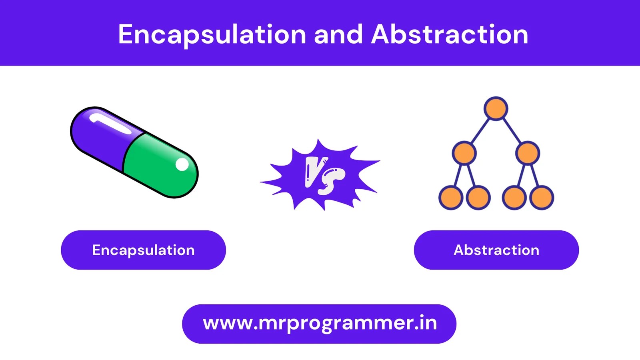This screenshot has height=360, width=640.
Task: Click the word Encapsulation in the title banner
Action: click(212, 35)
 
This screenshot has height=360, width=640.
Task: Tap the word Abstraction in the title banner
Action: click(450, 35)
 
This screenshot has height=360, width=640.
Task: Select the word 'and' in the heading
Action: click(338, 35)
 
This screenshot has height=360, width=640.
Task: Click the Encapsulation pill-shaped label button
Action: click(143, 250)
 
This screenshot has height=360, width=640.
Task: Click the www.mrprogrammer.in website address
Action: click(319, 323)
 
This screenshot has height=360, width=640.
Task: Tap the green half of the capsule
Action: click(160, 166)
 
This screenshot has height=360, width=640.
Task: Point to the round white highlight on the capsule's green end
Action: click(182, 164)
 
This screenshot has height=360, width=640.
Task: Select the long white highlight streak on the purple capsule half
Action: click(110, 124)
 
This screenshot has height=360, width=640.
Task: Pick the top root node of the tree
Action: click(496, 108)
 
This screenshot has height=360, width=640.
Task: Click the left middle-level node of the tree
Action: click(464, 153)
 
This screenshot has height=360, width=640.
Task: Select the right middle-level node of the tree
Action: click(528, 153)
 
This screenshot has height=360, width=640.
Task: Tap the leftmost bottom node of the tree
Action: click(451, 197)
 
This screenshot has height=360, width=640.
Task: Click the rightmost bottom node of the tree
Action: click(542, 197)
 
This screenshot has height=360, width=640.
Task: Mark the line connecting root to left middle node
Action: click(480, 130)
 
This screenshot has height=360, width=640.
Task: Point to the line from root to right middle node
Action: click(512, 130)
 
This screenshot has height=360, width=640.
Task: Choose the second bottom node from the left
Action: click(478, 197)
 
